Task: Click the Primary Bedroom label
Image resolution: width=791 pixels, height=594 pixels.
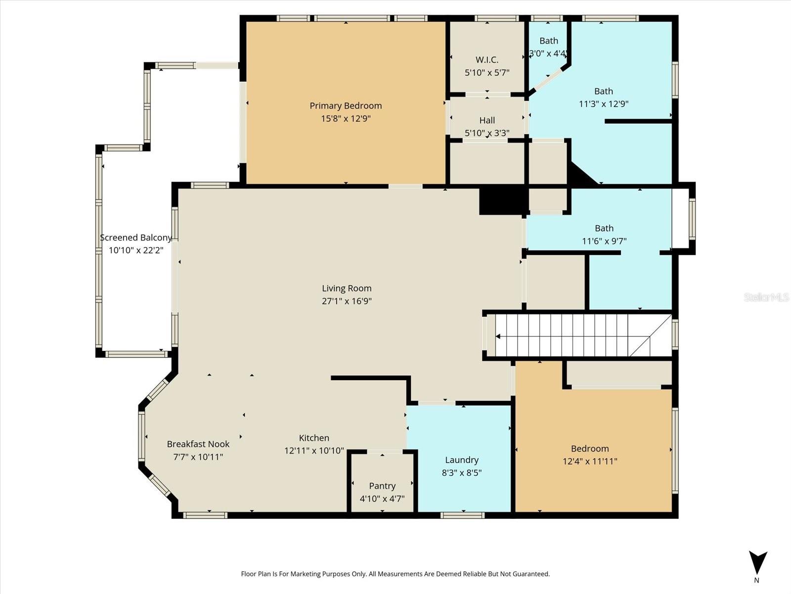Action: (x=346, y=105)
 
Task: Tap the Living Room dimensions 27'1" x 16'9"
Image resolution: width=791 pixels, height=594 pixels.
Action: (x=347, y=301)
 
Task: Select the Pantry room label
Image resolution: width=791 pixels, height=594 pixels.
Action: (x=382, y=486)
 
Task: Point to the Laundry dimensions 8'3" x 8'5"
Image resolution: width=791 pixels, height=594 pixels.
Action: (x=461, y=473)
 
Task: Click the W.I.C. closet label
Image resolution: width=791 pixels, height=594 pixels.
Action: (x=487, y=60)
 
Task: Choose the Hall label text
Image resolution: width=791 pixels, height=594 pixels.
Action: (x=487, y=120)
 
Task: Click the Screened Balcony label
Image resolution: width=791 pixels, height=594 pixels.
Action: (x=136, y=238)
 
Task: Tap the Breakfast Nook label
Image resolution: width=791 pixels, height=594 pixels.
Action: (x=198, y=444)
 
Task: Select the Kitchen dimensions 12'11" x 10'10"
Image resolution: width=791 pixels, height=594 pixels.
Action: (x=314, y=450)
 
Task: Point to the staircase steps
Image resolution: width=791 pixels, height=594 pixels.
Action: (x=569, y=336)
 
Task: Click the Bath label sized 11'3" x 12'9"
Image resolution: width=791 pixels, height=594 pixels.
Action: (x=603, y=91)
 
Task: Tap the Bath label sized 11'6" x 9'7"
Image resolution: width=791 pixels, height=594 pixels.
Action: (x=604, y=228)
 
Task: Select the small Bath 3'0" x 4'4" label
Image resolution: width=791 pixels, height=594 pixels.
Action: (x=548, y=41)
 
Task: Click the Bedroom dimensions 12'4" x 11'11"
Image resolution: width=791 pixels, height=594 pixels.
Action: (x=590, y=461)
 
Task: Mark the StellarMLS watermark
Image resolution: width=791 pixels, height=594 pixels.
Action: (x=766, y=297)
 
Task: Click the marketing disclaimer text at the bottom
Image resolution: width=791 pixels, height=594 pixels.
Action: (x=395, y=574)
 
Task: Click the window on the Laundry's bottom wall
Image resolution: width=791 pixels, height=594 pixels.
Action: (x=462, y=515)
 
